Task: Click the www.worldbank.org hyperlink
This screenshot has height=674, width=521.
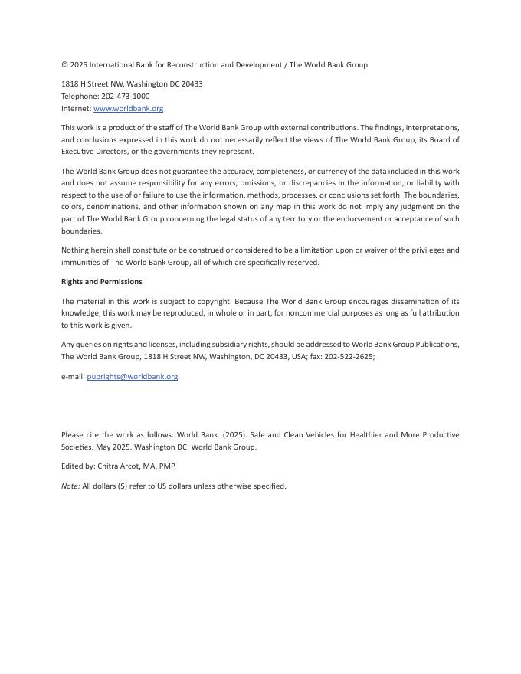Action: click(x=128, y=109)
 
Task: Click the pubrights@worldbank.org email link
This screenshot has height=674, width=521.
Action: click(x=133, y=377)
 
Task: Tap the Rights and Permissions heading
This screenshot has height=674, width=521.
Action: click(x=102, y=282)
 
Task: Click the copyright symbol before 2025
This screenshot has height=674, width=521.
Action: click(x=64, y=65)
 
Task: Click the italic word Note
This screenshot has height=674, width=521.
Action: click(x=70, y=486)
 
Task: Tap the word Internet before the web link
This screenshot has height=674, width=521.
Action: click(x=76, y=109)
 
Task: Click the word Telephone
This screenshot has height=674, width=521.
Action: click(x=80, y=97)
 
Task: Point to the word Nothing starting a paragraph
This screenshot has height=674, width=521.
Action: click(x=76, y=250)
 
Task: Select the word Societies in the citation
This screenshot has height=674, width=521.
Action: click(x=79, y=447)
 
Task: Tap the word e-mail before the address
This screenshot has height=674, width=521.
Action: click(x=73, y=377)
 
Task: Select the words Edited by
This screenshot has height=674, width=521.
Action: click(x=78, y=466)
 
